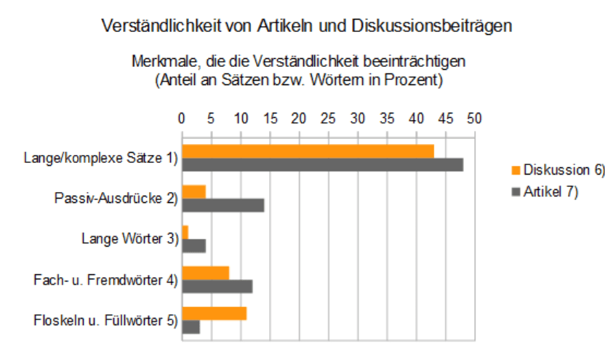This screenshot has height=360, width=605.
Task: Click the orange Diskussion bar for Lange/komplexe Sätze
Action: (x=308, y=151)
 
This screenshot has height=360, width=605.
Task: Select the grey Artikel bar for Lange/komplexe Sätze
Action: (x=322, y=164)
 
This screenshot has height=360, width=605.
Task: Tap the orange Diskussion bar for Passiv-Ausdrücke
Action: (x=194, y=191)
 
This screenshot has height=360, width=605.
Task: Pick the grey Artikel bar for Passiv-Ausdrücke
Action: (x=223, y=205)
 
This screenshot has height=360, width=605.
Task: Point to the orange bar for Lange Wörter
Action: (x=185, y=232)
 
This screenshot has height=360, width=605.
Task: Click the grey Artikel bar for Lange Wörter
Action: (x=194, y=246)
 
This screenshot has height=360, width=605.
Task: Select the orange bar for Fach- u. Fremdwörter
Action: (x=206, y=273)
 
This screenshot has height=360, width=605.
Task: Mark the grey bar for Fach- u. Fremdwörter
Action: (x=217, y=286)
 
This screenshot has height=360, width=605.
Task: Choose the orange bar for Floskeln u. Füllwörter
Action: (x=215, y=313)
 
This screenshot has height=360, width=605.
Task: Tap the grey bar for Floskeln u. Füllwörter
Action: (x=191, y=327)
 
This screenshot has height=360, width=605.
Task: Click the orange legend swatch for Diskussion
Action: (x=516, y=171)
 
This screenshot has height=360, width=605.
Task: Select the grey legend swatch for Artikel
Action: (x=516, y=192)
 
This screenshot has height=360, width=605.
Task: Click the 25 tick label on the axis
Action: (x=328, y=117)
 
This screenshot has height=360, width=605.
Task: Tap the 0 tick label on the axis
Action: (x=182, y=117)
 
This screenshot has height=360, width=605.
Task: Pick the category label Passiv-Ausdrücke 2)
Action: (x=116, y=198)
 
